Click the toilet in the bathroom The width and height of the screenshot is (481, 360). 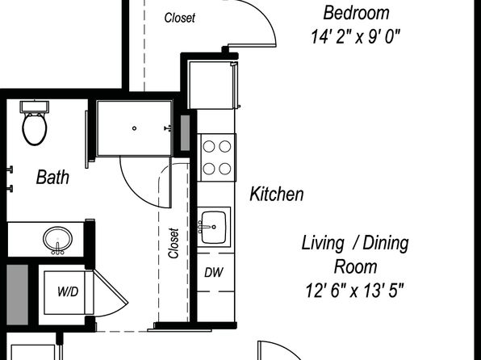tap(35, 123)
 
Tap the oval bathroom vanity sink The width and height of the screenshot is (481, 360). tap(57, 240)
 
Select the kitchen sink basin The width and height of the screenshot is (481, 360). tap(214, 227)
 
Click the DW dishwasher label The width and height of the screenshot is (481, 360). tap(214, 272)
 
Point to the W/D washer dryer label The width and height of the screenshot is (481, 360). tap(68, 291)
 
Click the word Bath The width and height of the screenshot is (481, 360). tap(52, 177)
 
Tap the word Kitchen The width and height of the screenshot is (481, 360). tap(277, 194)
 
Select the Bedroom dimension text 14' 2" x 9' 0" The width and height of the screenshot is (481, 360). tap(356, 37)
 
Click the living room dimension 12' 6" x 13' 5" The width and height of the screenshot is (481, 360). tap(354, 290)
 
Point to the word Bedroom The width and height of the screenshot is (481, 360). tap(356, 13)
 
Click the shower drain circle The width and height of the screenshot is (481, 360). tap(134, 128)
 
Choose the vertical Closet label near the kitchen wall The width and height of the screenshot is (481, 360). tap(174, 243)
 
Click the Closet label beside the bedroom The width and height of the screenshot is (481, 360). tap(179, 18)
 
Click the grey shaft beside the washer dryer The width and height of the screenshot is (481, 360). tap(18, 295)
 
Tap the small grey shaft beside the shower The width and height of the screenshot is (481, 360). tap(185, 133)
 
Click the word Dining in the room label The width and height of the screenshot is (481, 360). tap(386, 244)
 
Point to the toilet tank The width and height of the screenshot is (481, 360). tap(35, 107)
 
